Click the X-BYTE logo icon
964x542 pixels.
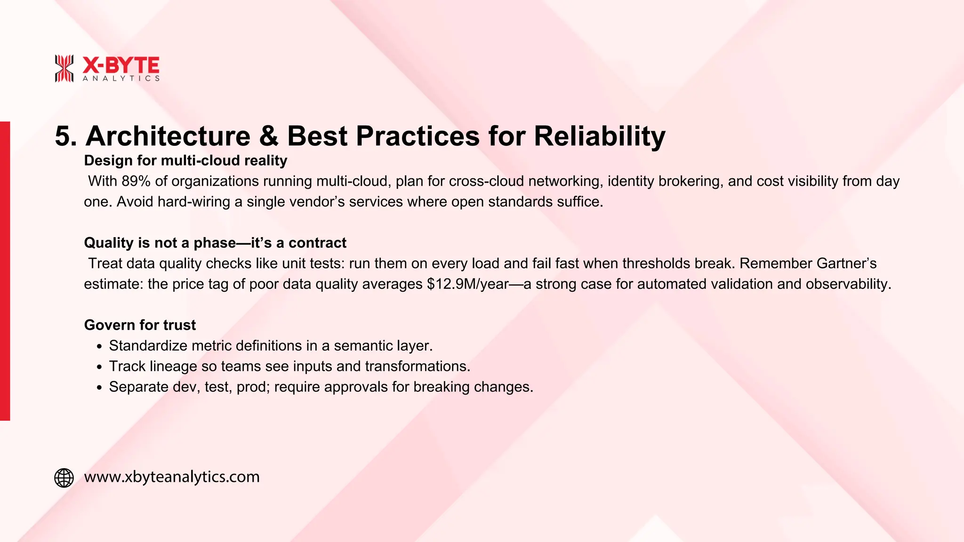64,69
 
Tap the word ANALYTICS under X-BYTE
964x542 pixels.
121,79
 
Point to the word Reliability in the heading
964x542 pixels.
600,136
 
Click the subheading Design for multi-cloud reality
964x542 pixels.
185,161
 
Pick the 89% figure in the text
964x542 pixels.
136,181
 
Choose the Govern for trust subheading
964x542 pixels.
140,325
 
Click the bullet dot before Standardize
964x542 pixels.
99,347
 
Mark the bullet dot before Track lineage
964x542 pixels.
99,367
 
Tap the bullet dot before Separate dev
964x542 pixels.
99,388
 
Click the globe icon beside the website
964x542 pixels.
64,478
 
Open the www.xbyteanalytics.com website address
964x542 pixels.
172,477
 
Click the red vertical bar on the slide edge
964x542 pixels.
5,271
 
